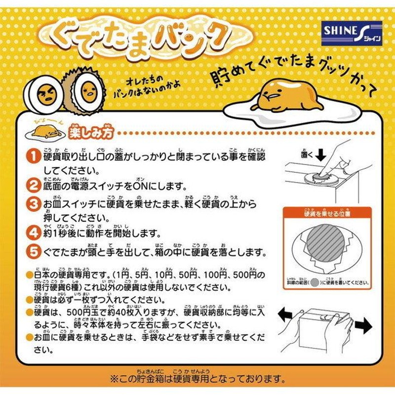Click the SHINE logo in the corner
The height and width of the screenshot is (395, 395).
coord(352,31)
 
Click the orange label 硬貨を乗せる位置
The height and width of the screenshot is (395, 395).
coord(328,214)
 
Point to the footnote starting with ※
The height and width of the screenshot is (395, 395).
coord(197,379)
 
